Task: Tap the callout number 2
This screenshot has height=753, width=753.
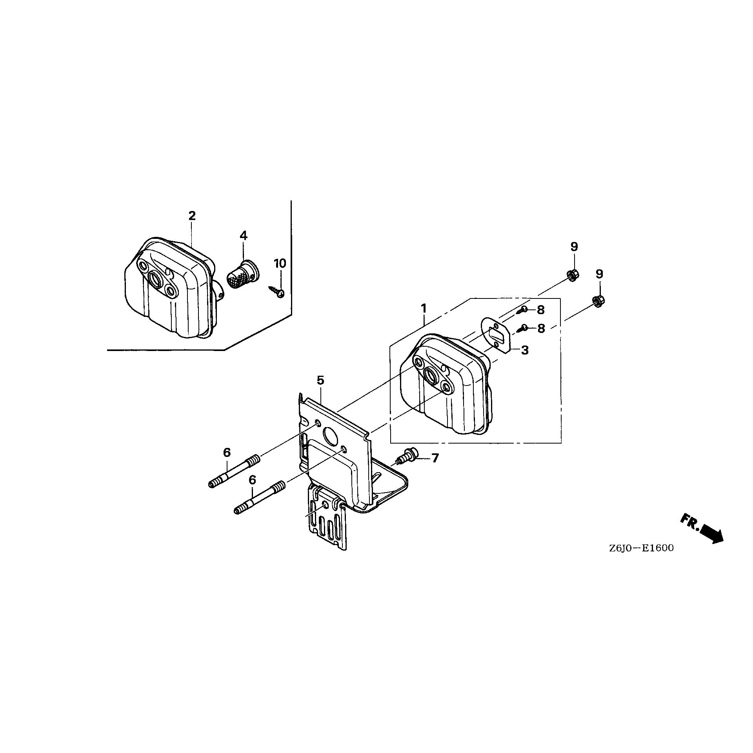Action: coord(192,216)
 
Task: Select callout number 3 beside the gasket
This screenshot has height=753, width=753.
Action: coord(525,350)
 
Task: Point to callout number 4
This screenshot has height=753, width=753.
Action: coord(243,236)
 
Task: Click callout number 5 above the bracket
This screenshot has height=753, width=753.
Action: coord(320,380)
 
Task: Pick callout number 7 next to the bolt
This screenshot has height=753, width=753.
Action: coord(435,458)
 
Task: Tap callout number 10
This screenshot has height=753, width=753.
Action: coord(280,264)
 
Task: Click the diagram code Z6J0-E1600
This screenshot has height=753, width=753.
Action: coord(641,548)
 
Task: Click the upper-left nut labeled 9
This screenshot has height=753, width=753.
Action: coord(573,275)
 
